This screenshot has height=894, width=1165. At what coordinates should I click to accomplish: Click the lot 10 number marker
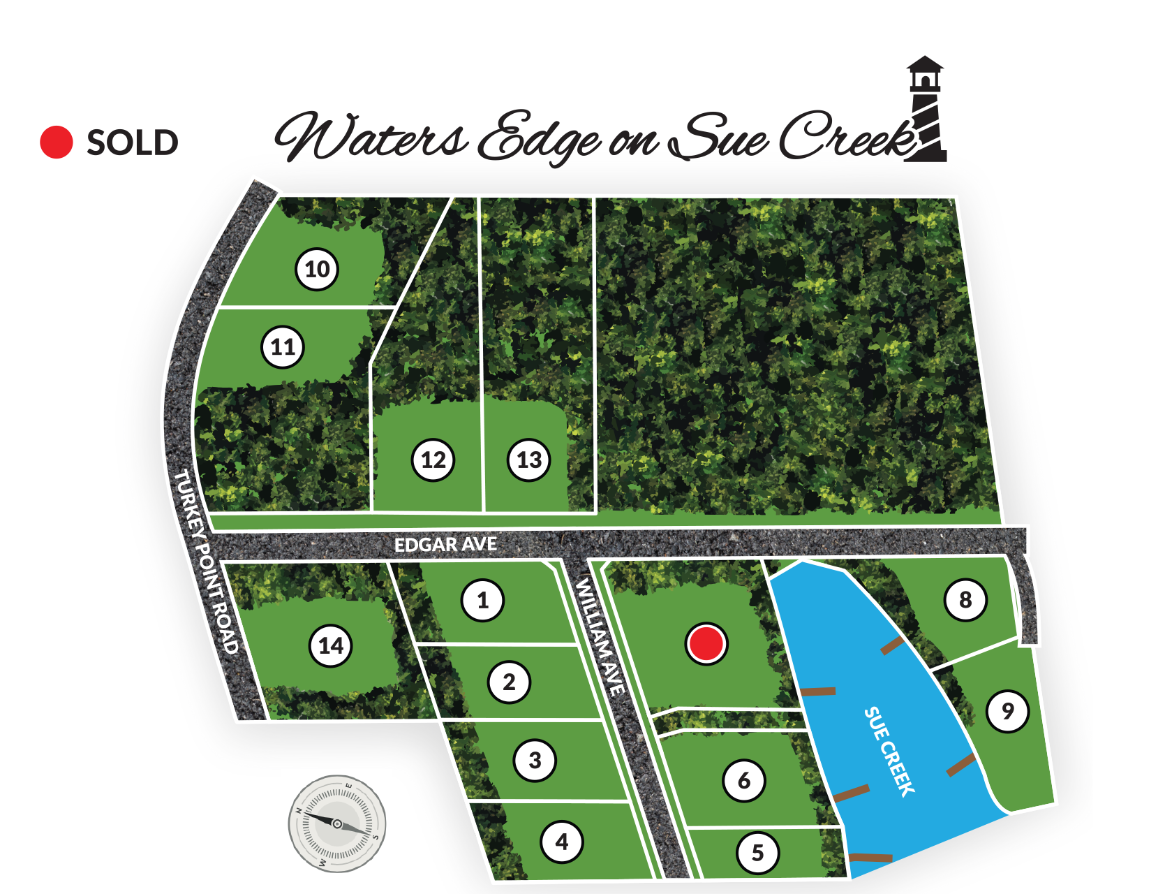[x=317, y=269]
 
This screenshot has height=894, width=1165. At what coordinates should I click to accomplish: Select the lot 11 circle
[x=283, y=346]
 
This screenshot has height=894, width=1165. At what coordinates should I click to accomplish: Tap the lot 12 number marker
[x=433, y=460]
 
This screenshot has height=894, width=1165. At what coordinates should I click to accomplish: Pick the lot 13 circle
[x=529, y=460]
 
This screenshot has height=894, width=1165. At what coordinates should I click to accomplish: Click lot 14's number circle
[x=331, y=645]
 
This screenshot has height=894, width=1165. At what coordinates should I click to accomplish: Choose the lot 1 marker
[x=482, y=600]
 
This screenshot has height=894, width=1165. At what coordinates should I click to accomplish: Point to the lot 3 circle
[x=535, y=760]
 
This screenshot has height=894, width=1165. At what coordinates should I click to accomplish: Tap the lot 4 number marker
[x=562, y=842]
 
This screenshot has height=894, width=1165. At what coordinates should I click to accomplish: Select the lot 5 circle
[x=757, y=852]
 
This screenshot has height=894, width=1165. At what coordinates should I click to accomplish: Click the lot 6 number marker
[x=744, y=780]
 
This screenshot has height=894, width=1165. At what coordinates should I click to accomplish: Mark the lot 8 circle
[x=965, y=599]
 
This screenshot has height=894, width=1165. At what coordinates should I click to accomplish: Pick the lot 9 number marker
[x=1007, y=711]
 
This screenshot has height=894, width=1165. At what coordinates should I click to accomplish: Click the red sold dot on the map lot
[x=706, y=643]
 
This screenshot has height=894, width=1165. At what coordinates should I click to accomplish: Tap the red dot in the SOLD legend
[x=57, y=142]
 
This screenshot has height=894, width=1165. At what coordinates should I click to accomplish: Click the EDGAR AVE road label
[x=445, y=544]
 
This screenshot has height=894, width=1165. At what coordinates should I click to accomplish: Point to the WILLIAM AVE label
[x=600, y=636]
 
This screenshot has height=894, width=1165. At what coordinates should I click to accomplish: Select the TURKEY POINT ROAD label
[x=207, y=562]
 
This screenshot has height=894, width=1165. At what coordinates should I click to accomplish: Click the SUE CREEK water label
[x=889, y=752]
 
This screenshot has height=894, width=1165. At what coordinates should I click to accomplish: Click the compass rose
[x=337, y=823]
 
